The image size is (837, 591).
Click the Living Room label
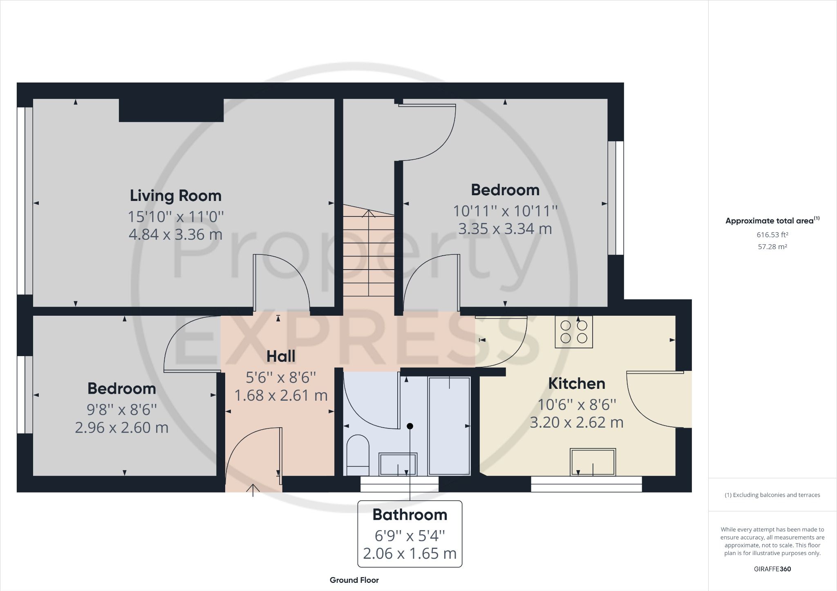(x=176, y=196)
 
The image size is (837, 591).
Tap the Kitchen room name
(x=577, y=384)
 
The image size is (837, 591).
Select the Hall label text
(x=281, y=357)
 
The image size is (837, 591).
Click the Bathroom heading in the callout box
(x=410, y=515)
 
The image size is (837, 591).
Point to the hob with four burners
(x=574, y=332)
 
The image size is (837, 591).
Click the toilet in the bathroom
(x=358, y=455)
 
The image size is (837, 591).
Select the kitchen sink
(x=593, y=462)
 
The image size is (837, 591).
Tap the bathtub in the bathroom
(x=449, y=426)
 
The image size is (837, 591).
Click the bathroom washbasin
(x=398, y=464)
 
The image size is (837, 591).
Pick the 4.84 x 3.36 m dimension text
(x=176, y=234)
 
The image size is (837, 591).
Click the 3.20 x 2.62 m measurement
(x=577, y=422)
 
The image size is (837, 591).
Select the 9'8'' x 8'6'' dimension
(x=122, y=409)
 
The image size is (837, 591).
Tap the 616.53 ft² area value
(x=772, y=235)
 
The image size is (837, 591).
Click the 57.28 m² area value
(x=772, y=247)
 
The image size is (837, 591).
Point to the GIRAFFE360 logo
(x=772, y=569)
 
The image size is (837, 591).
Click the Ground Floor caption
(x=354, y=580)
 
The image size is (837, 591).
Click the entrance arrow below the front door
(x=253, y=490)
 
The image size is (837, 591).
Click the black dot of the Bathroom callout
(x=410, y=426)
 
